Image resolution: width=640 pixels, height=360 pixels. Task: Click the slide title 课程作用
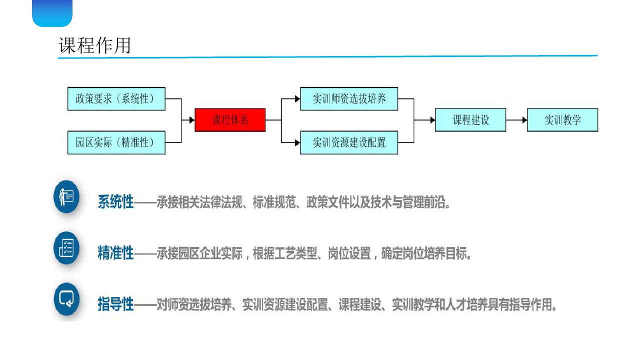[95, 45]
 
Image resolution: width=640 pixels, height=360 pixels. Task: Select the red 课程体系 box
[230, 120]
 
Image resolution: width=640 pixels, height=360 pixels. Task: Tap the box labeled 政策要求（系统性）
[116, 98]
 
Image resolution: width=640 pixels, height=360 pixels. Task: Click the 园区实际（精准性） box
[116, 142]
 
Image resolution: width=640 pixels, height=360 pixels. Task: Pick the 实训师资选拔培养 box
[349, 98]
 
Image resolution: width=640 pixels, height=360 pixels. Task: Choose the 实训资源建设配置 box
[349, 142]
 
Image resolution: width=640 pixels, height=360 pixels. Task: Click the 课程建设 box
[470, 120]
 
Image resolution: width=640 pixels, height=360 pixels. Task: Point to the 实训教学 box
[562, 120]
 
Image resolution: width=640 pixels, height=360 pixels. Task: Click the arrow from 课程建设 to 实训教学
[516, 120]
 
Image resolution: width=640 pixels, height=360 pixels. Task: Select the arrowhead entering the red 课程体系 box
[191, 120]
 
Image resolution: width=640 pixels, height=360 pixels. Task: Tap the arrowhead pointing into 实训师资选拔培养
[297, 98]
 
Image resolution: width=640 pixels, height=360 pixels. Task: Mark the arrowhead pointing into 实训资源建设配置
[297, 142]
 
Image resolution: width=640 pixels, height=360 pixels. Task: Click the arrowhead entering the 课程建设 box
[432, 120]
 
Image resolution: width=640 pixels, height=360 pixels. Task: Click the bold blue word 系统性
[116, 202]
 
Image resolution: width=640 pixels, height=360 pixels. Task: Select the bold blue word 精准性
[116, 253]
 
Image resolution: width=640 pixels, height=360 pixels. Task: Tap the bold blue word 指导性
[116, 304]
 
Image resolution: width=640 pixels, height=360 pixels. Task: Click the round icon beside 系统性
[66, 197]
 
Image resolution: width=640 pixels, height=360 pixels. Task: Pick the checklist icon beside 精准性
[66, 248]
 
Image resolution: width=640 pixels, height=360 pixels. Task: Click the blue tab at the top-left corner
[52, 12]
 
